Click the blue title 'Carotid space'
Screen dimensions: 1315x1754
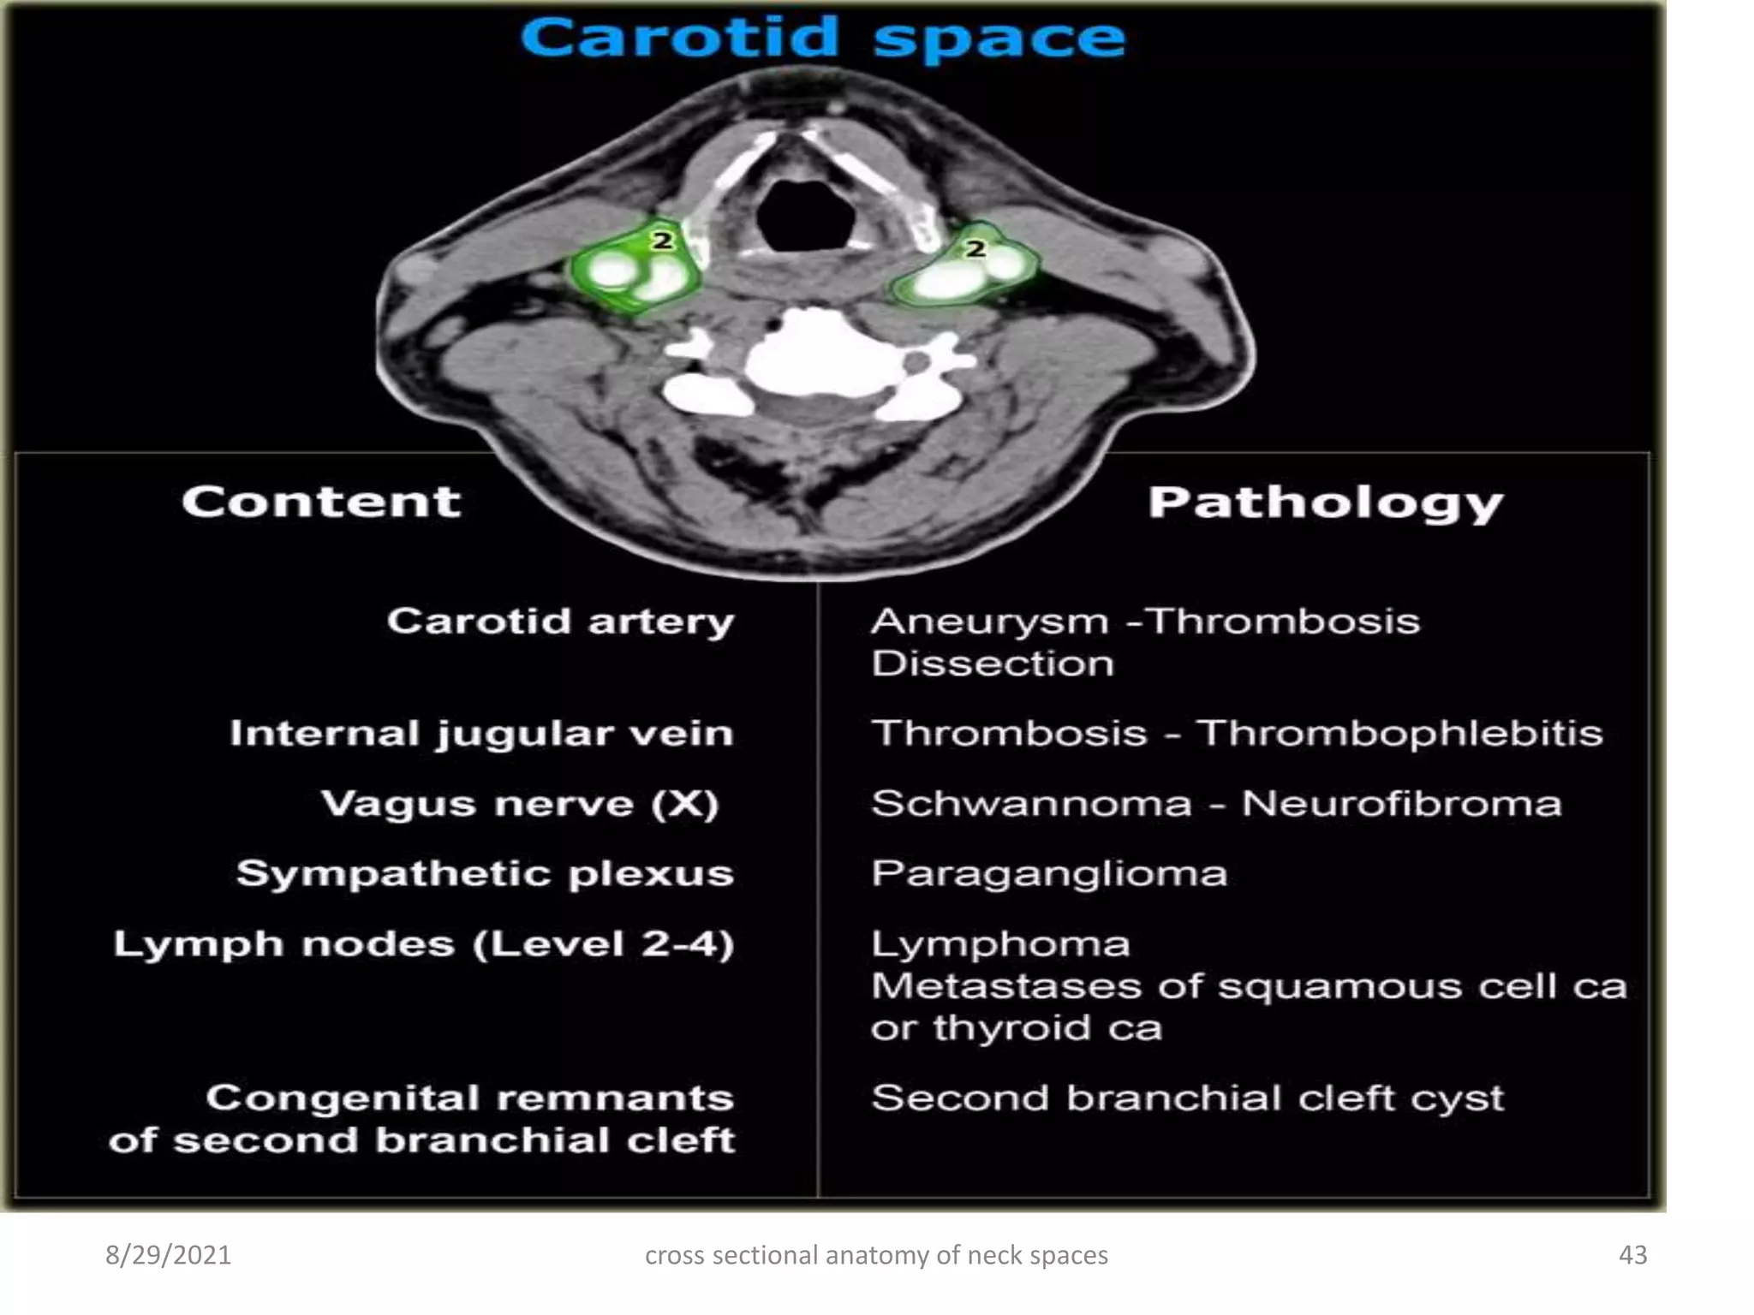pos(822,39)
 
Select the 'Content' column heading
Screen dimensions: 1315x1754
pos(321,502)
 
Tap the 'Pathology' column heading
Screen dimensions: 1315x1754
pos(1325,503)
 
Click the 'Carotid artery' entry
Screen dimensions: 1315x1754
pos(560,622)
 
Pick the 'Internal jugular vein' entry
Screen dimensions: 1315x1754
pos(481,735)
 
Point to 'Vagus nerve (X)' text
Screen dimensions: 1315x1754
pos(519,805)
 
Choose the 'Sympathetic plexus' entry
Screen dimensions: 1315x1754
pos(485,874)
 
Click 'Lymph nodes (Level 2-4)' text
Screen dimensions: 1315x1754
pos(424,944)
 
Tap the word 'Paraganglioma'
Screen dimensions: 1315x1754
pos(1049,874)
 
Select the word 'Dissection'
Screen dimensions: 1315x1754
pos(993,663)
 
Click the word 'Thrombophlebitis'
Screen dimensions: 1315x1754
pos(1399,734)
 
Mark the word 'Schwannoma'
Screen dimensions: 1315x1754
pos(1031,804)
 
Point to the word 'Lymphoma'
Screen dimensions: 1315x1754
pos(1000,944)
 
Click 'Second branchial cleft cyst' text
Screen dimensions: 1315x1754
pos(1187,1098)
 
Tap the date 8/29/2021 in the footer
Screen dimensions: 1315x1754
pos(168,1255)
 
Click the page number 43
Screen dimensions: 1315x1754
pos(1632,1255)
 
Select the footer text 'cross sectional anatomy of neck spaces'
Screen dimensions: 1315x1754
pos(876,1255)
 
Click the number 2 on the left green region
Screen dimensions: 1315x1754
pos(662,241)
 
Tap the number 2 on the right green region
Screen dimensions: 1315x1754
pos(975,249)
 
